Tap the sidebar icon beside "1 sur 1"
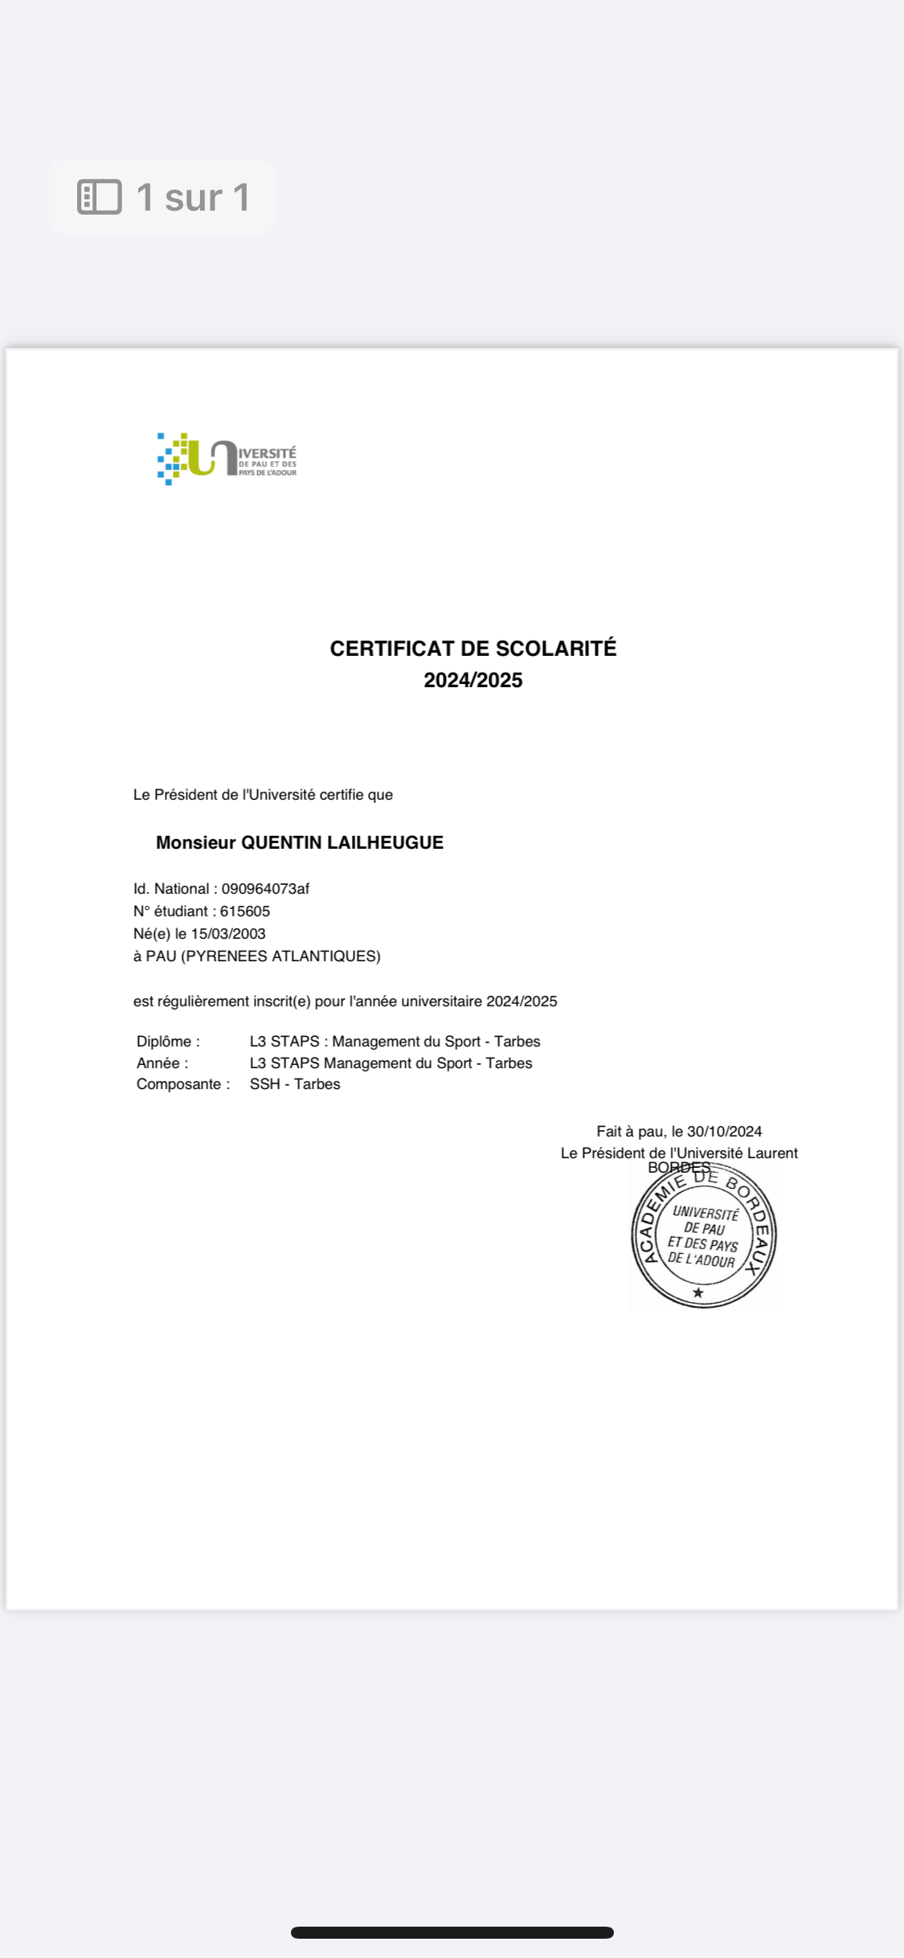coord(99,197)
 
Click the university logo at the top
coord(227,459)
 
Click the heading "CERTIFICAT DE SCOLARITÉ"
coord(472,649)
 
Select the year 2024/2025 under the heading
coord(472,681)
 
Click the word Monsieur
coord(195,842)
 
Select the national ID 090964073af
coord(265,889)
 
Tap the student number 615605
coord(245,911)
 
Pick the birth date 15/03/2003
coord(228,934)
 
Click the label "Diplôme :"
coord(168,1042)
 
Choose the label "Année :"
coord(162,1063)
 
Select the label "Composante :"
coord(182,1084)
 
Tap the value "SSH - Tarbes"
coord(295,1084)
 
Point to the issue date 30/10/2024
coord(724,1132)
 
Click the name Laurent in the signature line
coord(772,1153)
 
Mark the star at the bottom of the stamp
coord(698,1292)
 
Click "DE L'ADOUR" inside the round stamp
coord(702,1260)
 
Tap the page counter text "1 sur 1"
coord(193,197)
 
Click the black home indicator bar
coord(452,1932)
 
